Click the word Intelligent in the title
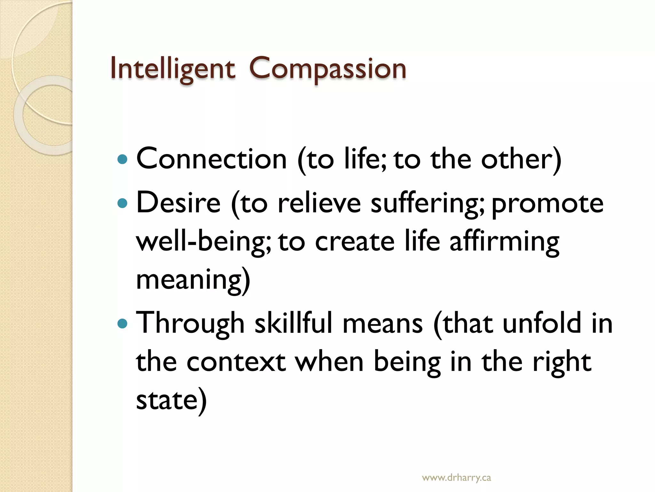tap(173, 69)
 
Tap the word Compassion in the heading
tap(327, 69)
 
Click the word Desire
tap(178, 203)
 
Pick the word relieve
tap(319, 203)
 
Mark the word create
tap(355, 242)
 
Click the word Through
tap(190, 324)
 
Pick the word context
tap(236, 362)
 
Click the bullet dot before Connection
tap(122, 159)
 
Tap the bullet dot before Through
tap(122, 324)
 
